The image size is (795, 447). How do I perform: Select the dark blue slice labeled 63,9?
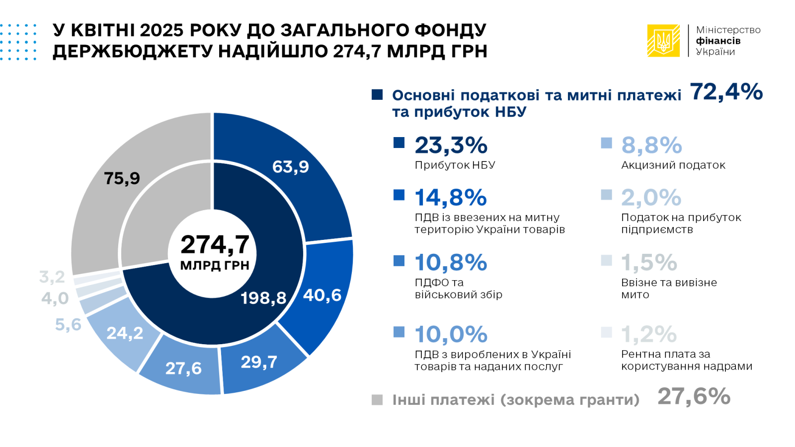point(291,166)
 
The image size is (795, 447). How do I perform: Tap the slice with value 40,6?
point(322,295)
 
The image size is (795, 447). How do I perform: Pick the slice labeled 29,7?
point(259,362)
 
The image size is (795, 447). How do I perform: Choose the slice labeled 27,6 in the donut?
point(183,368)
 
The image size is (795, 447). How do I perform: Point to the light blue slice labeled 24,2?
point(125,333)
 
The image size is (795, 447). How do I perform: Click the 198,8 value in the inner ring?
point(263,298)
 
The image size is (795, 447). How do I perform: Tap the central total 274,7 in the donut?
point(215,244)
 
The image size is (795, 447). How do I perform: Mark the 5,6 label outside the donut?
point(68,325)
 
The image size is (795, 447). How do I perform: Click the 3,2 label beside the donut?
point(52,277)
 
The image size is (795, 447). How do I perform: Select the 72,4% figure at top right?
point(726,92)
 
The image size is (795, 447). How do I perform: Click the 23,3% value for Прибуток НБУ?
point(451,146)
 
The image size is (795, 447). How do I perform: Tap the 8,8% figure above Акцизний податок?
point(651,146)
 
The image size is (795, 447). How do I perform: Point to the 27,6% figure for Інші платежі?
point(694,396)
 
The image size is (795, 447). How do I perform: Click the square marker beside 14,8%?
point(399,195)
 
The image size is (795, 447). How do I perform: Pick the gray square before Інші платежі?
point(377,400)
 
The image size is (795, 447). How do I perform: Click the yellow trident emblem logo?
point(663,41)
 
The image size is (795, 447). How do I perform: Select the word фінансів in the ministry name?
point(718,41)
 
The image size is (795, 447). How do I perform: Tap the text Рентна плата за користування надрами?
point(686,360)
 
